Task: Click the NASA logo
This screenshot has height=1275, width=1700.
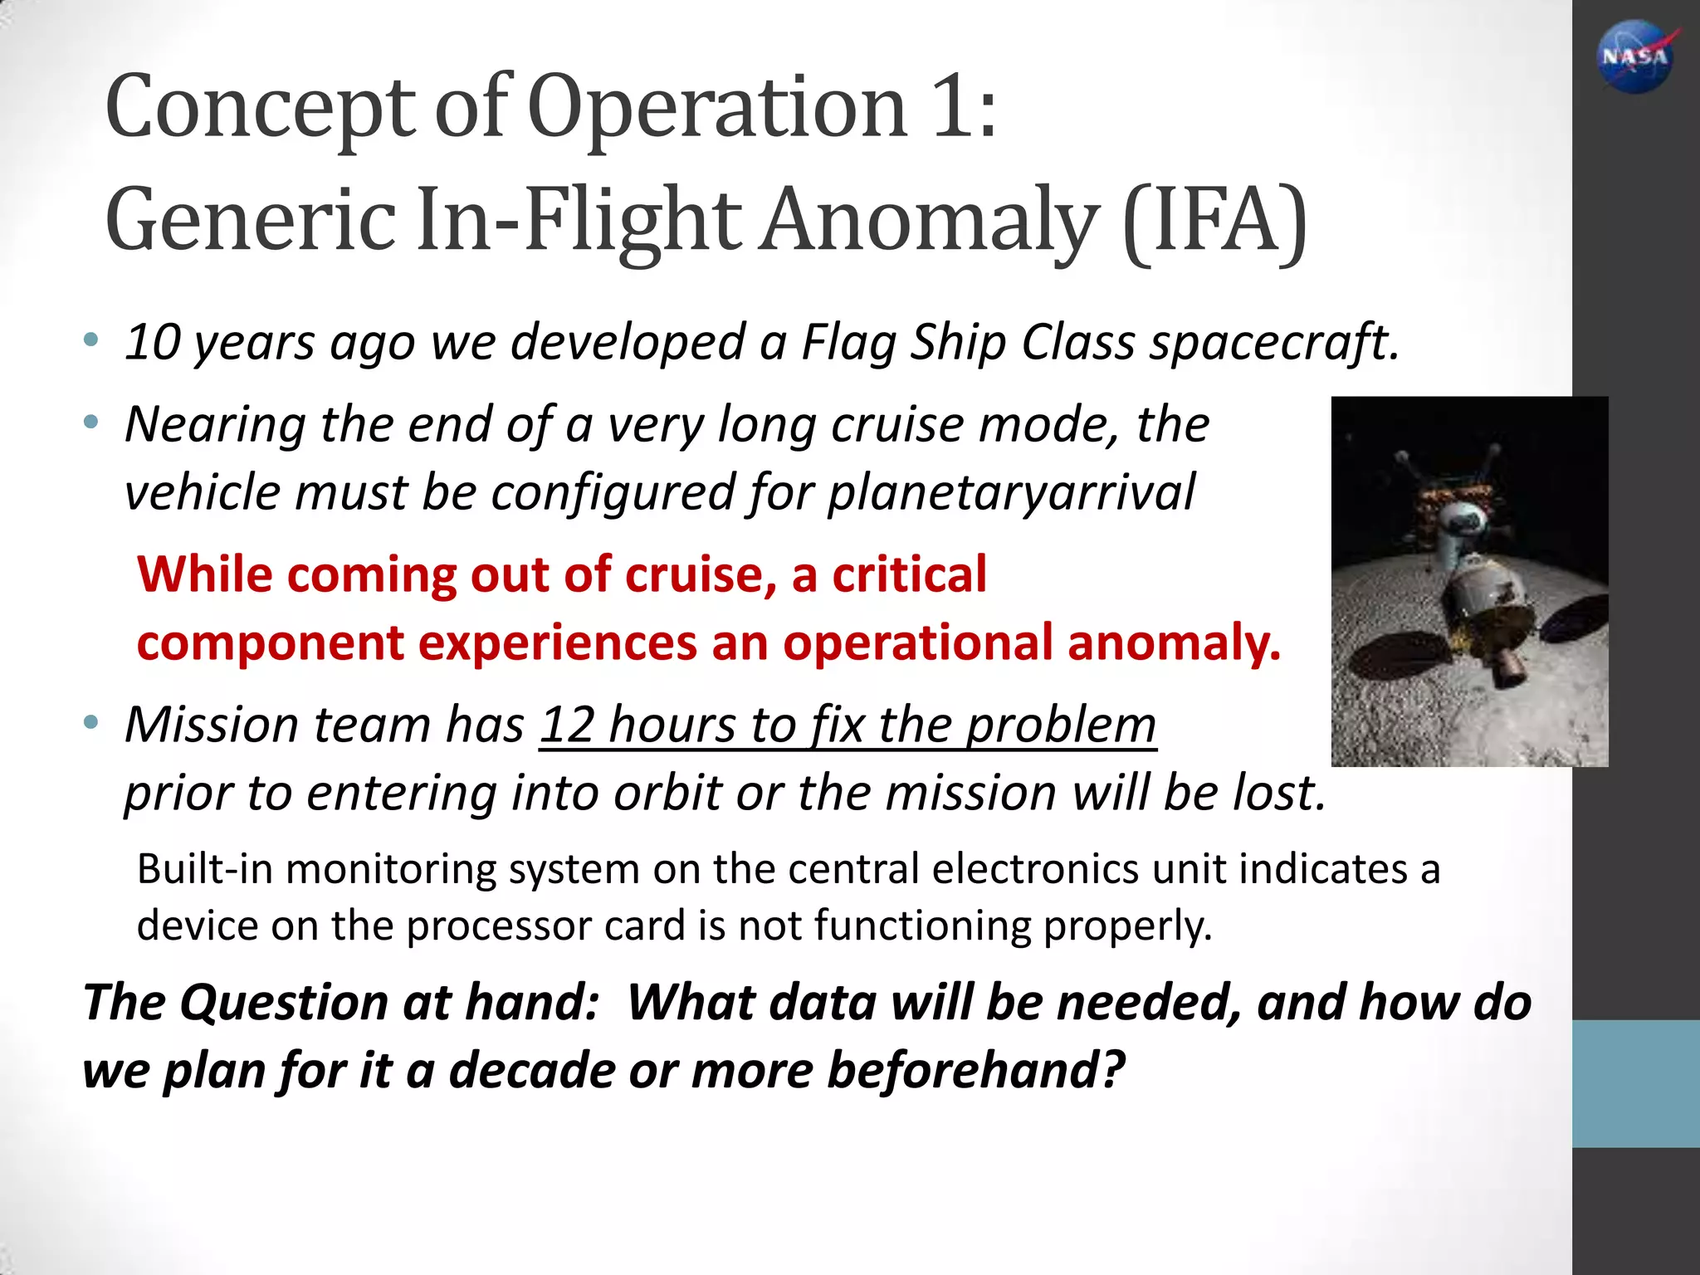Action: click(1634, 56)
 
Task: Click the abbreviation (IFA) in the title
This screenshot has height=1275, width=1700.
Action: click(1214, 221)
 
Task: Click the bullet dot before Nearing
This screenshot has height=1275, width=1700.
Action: click(91, 423)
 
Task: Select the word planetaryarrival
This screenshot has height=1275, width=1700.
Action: click(1011, 492)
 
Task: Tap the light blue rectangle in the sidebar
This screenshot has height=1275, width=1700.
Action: click(1635, 1083)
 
